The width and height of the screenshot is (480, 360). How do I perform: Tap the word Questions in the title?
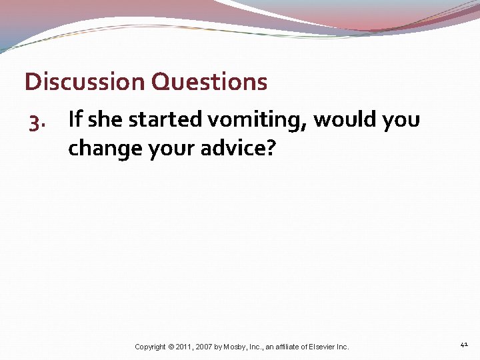209,82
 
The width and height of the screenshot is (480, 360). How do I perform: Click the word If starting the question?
75,119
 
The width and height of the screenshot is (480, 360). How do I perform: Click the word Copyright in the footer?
151,347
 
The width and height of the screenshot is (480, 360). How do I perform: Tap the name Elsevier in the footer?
325,347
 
